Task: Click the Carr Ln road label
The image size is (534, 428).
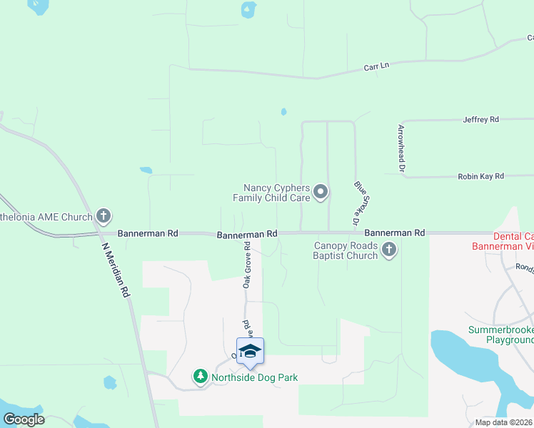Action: tap(376, 66)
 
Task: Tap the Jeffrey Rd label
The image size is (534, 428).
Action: tap(480, 120)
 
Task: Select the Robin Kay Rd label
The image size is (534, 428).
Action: tap(480, 175)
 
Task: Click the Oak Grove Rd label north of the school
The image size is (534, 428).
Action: tap(247, 267)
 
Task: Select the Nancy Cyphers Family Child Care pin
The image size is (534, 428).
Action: tap(321, 190)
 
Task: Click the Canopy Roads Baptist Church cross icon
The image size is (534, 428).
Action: tap(389, 249)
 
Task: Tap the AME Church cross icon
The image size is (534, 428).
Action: tap(104, 215)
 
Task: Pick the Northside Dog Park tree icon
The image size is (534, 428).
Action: tap(201, 376)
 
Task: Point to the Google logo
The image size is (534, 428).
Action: tap(24, 419)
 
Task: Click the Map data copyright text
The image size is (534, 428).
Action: tap(503, 422)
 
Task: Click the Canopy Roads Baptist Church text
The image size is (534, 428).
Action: tap(346, 250)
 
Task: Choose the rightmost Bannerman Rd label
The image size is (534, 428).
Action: tap(394, 233)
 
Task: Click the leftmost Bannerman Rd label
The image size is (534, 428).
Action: tap(148, 233)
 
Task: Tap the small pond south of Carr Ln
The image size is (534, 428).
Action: tap(283, 112)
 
